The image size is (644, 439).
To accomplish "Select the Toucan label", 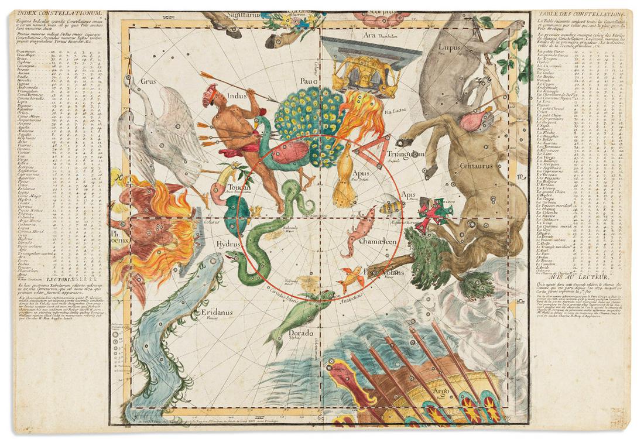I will pyautogui.click(x=238, y=187).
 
